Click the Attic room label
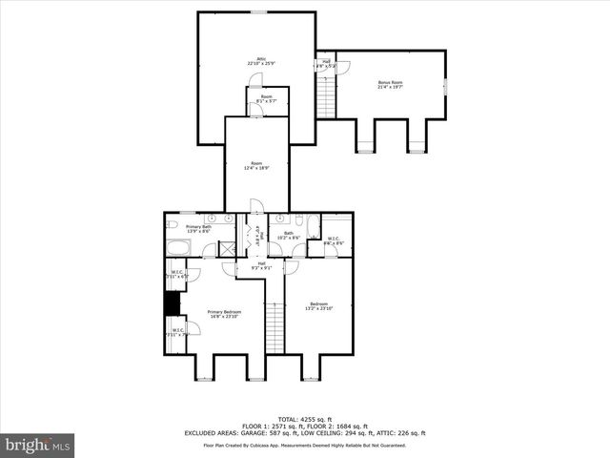pos(255,61)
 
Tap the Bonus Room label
pos(390,85)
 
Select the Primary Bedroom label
pos(224,314)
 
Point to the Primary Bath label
pos(185,229)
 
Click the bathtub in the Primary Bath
pos(179,250)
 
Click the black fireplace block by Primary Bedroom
pos(173,302)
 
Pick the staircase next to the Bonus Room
pos(327,94)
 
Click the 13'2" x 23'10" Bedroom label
pos(319,306)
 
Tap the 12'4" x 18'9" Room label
pos(256,165)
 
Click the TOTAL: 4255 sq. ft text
pos(304,419)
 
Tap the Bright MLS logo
pos(38,444)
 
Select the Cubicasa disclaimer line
pos(304,445)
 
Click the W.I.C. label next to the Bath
pos(334,241)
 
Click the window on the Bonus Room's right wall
pos(447,85)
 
